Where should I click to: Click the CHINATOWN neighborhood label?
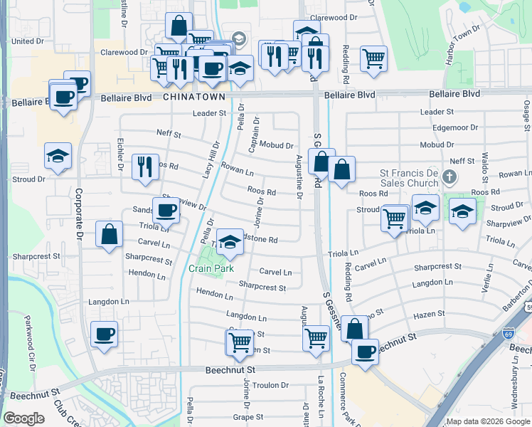point(194,96)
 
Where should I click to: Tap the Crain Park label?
point(211,268)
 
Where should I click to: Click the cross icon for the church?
point(448,175)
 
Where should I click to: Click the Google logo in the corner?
point(23,418)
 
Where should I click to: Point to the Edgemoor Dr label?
point(457,128)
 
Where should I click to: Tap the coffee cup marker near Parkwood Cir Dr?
point(105,334)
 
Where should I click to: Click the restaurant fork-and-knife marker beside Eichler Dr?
point(146,167)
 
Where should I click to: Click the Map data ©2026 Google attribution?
point(488,421)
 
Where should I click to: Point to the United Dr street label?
point(28,41)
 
